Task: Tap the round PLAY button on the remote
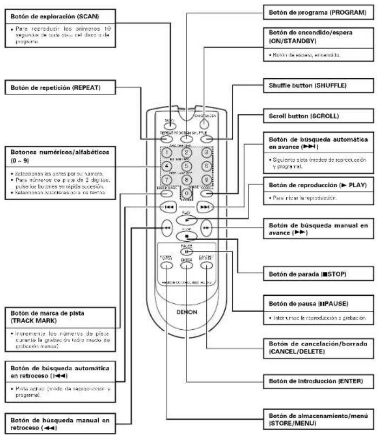tap(187, 221)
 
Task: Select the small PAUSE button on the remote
tap(186, 250)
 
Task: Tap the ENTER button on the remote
tap(186, 264)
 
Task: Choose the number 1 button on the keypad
tap(168, 153)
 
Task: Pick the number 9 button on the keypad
tap(205, 179)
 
